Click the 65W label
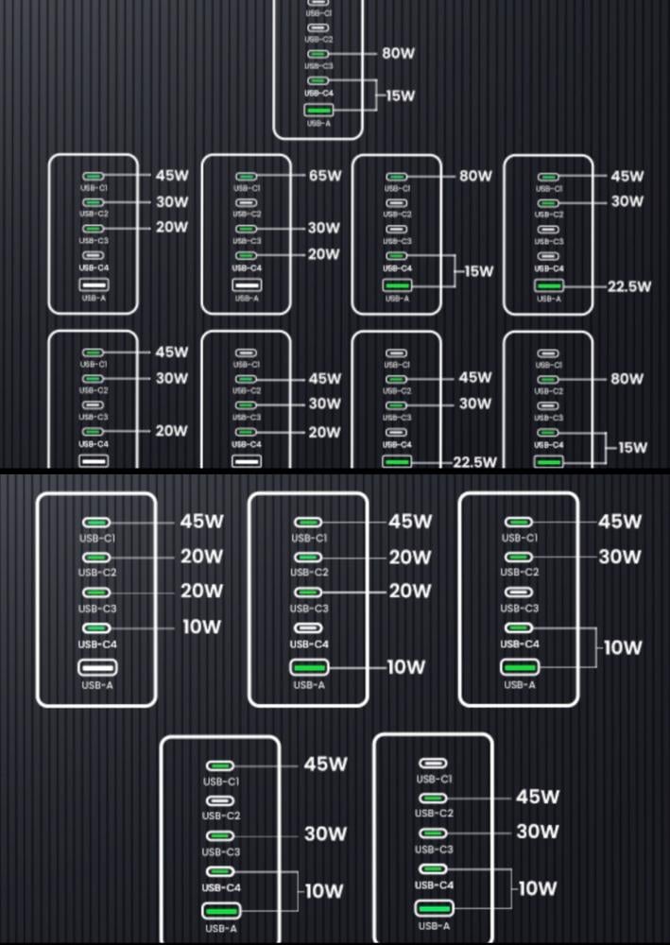point(324,176)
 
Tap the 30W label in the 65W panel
point(324,228)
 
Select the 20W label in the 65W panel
point(324,254)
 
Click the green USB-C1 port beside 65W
point(247,177)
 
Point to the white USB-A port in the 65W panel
point(247,284)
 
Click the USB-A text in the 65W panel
point(247,299)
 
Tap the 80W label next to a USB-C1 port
point(475,176)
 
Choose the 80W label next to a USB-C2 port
point(627,379)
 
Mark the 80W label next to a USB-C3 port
point(399,54)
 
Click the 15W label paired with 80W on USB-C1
point(478,271)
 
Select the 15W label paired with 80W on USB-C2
point(632,447)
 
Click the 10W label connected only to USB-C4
point(201,627)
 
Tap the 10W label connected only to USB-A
point(405,667)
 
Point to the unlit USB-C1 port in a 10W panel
point(433,764)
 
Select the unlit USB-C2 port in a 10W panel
point(221,800)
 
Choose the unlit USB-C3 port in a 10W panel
point(519,592)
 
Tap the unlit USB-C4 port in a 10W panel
point(308,627)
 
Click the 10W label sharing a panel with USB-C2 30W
point(622,647)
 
